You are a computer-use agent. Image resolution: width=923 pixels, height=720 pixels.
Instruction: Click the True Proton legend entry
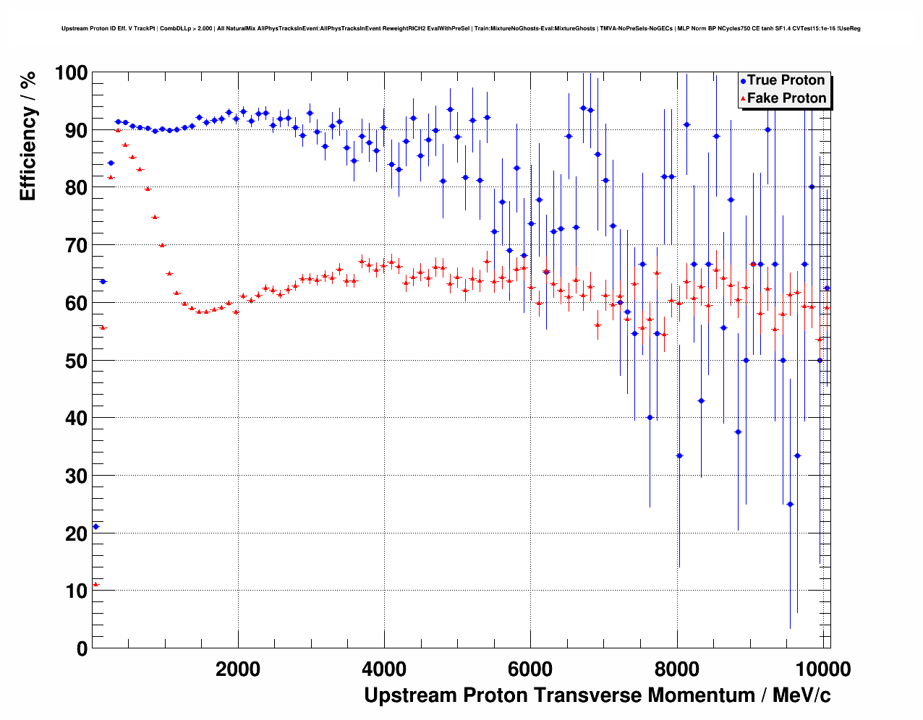786,80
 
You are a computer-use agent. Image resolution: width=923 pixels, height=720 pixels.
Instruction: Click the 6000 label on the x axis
531,669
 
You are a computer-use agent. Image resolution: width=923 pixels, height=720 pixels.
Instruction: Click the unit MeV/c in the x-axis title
801,695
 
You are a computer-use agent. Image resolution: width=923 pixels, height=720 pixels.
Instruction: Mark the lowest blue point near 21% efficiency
95,526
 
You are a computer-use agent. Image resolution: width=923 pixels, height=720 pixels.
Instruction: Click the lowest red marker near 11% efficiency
95,584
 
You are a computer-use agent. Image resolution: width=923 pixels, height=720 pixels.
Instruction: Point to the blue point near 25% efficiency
790,504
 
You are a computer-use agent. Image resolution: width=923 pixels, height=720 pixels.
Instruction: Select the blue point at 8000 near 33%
679,455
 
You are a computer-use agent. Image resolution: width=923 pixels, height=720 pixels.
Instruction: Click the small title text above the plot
461,29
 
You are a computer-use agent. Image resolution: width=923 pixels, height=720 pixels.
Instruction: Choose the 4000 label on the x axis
384,669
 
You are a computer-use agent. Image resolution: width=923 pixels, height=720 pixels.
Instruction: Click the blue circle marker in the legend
743,81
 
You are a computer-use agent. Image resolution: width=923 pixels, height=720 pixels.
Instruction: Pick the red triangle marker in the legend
743,98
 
